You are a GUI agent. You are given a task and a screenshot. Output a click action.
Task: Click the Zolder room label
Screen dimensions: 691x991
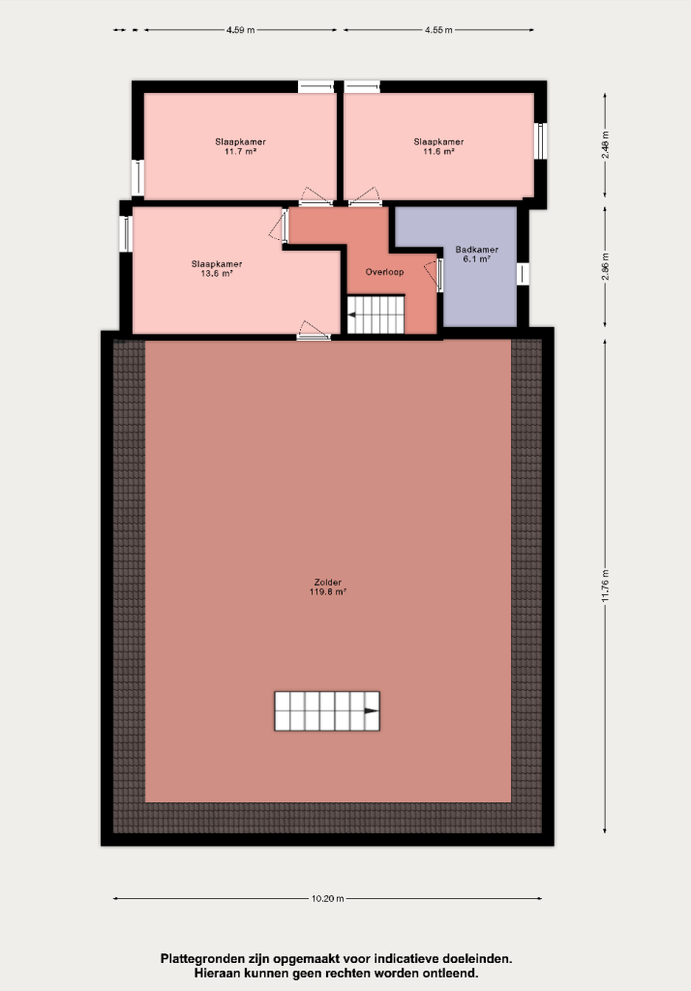point(327,583)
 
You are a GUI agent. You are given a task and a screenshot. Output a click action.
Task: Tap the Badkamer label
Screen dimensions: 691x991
point(477,250)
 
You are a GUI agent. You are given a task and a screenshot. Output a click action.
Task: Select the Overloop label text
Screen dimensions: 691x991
point(384,272)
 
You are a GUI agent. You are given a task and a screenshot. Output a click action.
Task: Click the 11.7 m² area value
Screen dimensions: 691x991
point(240,152)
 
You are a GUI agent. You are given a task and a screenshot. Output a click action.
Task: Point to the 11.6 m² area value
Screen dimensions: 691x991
point(438,152)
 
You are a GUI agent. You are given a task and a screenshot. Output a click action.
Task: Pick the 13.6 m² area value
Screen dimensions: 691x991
point(217,274)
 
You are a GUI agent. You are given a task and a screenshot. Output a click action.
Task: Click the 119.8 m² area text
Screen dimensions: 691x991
point(327,592)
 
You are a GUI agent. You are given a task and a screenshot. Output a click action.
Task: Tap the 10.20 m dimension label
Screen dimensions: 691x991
point(327,899)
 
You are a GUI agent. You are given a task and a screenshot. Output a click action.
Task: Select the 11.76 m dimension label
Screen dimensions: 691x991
point(605,586)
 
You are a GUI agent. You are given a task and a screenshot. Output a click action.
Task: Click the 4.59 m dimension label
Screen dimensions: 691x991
point(240,30)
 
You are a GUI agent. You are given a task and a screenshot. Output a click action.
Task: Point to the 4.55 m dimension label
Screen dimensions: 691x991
point(438,30)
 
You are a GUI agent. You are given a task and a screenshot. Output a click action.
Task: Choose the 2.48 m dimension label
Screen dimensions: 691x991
point(605,145)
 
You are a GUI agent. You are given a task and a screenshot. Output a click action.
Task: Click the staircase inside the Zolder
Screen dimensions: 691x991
point(327,711)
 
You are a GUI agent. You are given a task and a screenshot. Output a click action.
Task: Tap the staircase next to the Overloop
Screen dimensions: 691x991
point(376,315)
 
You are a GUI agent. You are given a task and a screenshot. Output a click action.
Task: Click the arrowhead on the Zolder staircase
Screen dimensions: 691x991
point(372,711)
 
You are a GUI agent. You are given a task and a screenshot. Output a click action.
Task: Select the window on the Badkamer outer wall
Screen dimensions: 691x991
point(523,274)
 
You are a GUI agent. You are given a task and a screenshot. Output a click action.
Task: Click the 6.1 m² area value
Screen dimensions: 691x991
point(477,259)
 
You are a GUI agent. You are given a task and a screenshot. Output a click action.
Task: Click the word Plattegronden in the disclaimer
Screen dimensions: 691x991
point(200,959)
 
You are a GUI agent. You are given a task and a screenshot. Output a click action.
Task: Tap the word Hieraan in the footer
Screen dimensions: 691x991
point(217,974)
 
